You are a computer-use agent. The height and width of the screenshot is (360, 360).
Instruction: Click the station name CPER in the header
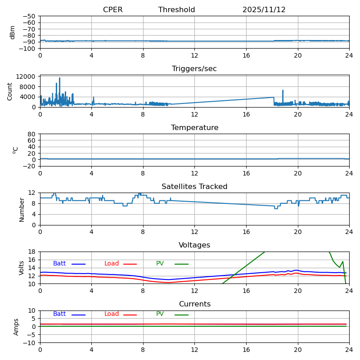tap(112, 10)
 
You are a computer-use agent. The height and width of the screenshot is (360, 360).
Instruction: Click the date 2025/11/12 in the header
tap(264, 10)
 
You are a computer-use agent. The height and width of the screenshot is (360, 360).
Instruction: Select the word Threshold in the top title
tap(176, 10)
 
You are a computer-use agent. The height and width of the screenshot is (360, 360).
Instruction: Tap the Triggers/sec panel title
tap(194, 69)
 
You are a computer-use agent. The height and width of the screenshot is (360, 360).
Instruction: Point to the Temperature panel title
tap(194, 128)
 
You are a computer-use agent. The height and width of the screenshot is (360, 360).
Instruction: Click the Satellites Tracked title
tap(194, 187)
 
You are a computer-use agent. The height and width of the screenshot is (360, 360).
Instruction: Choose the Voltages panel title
tap(194, 245)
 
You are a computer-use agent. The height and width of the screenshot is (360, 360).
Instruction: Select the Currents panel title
tap(194, 304)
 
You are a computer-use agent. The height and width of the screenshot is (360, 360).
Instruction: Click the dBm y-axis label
tap(13, 32)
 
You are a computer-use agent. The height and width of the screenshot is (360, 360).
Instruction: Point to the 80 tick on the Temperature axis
tap(32, 134)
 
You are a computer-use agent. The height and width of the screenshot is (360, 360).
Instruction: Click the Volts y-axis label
tap(22, 268)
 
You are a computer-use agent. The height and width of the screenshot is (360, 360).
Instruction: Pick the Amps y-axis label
tap(16, 327)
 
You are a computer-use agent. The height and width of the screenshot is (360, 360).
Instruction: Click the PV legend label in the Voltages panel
tap(160, 264)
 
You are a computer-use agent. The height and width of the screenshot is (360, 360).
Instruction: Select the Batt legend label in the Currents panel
tap(59, 314)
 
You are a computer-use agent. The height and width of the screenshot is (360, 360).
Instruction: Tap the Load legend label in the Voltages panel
tap(112, 264)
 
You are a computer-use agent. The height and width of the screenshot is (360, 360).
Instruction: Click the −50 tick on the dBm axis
tap(29, 16)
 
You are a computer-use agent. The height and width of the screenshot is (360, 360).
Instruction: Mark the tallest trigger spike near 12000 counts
tap(59, 78)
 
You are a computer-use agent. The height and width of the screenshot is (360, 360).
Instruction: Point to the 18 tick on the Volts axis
tap(32, 252)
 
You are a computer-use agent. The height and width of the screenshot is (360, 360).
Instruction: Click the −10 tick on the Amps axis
tap(29, 343)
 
